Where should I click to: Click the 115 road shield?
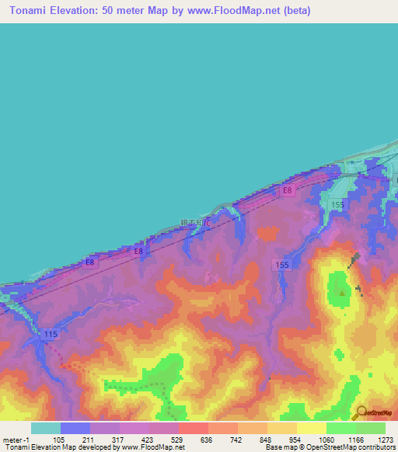(51, 334)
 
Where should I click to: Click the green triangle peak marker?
(341, 292)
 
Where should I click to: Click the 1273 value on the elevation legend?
(386, 440)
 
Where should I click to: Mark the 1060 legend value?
(327, 440)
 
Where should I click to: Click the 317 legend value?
(120, 440)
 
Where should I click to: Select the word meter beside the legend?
(13, 440)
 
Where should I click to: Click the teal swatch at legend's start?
(45, 428)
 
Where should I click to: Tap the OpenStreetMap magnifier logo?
(361, 412)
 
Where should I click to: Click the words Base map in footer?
(278, 448)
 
